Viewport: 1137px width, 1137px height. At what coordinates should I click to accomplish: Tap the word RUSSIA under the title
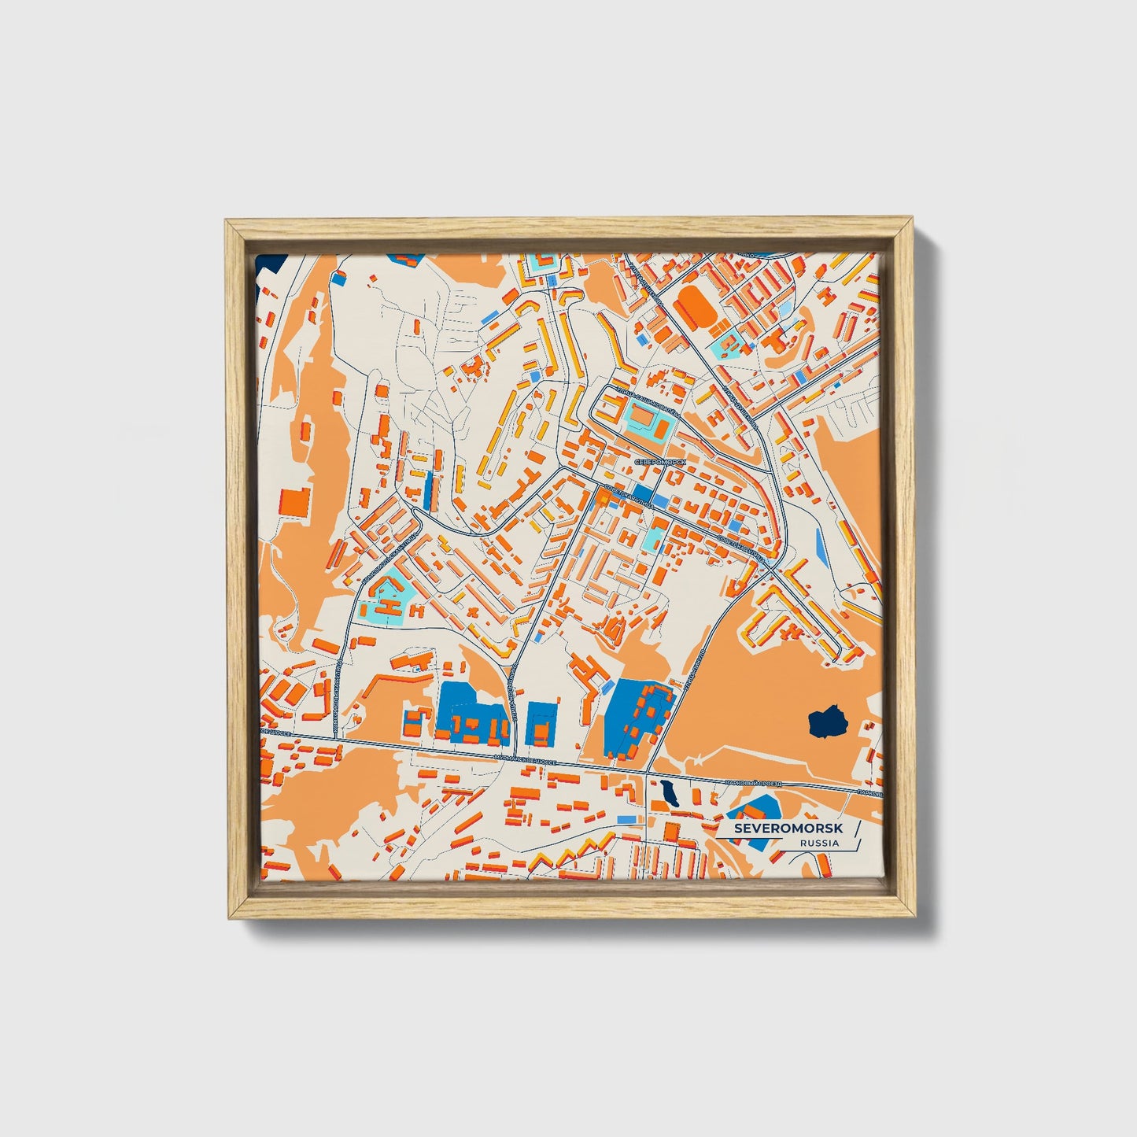point(818,844)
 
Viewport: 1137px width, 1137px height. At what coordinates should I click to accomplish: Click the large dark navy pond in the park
point(826,721)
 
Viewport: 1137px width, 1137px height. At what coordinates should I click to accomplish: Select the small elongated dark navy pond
point(670,793)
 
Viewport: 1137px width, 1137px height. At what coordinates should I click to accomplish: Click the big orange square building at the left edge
point(295,502)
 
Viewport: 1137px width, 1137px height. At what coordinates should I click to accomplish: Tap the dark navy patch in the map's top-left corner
point(268,263)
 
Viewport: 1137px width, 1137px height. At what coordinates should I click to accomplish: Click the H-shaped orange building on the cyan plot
point(388,604)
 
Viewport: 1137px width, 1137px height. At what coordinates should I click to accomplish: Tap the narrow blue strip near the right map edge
point(822,547)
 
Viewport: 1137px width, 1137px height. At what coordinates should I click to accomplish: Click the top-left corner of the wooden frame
point(229,223)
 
